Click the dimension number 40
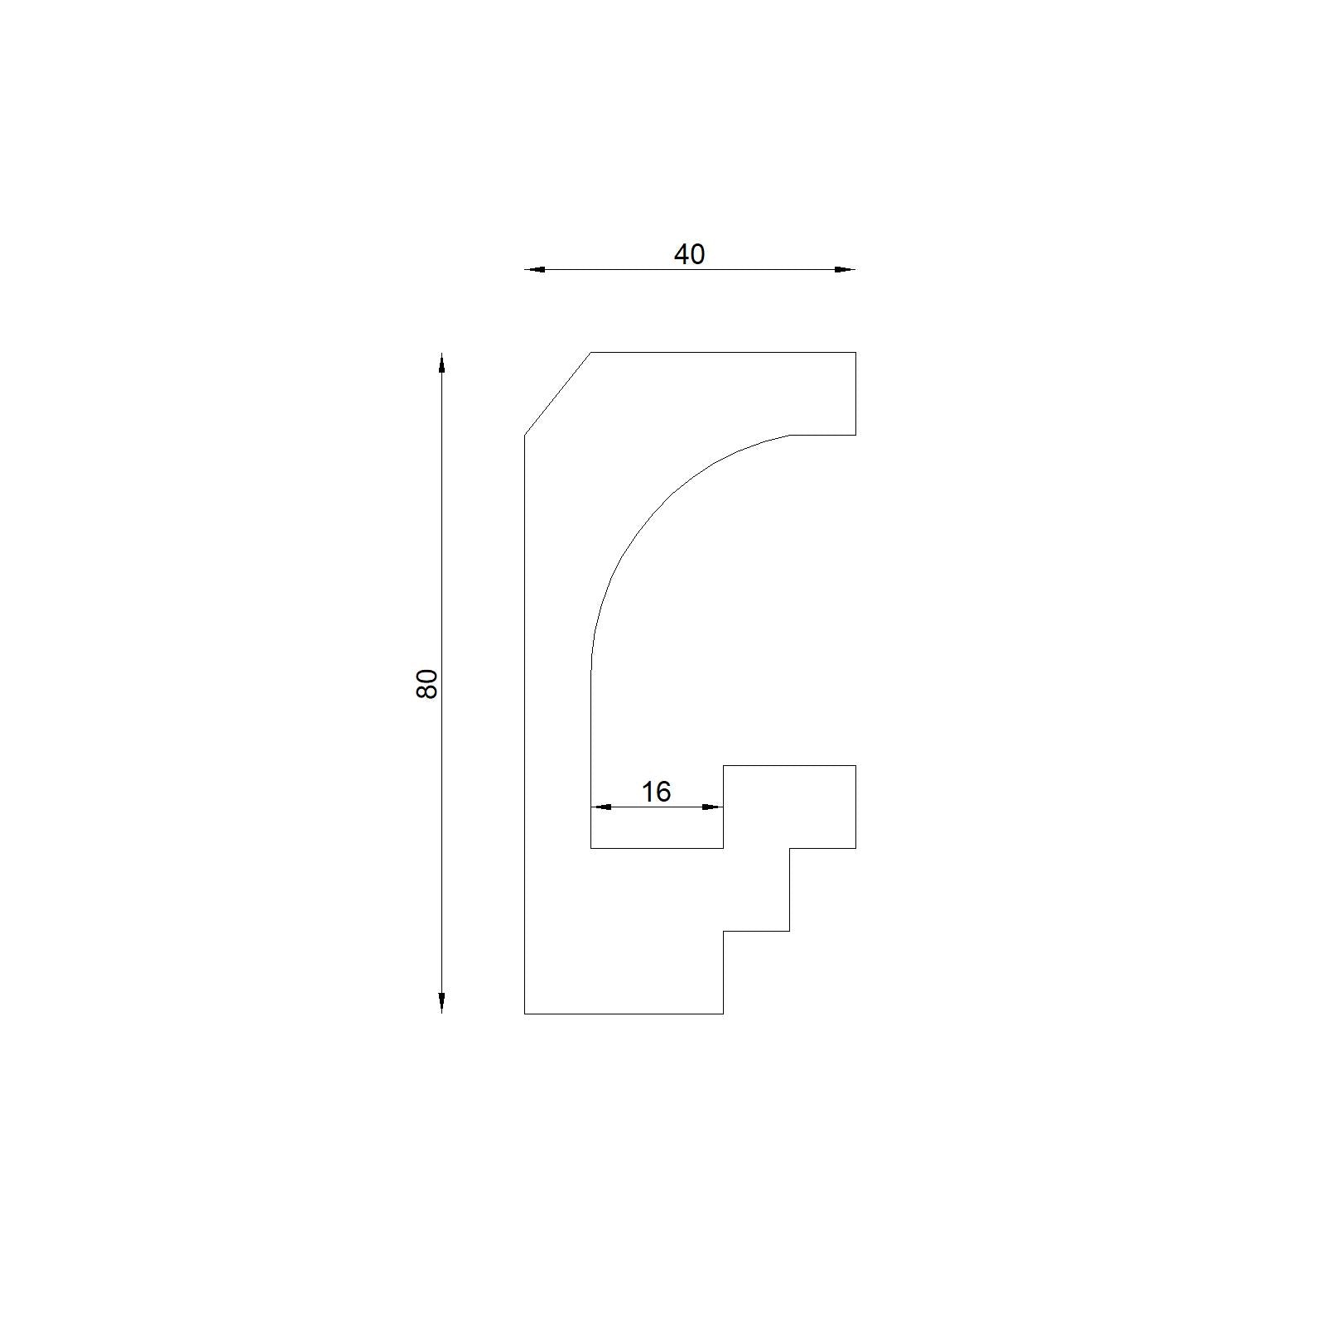(689, 254)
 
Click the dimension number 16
(656, 792)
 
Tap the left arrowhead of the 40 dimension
(535, 269)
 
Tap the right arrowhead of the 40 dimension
(845, 269)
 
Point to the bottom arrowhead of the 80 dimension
(441, 1002)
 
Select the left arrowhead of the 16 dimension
(601, 807)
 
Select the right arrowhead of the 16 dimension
(712, 807)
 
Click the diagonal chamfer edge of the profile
(557, 393)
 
